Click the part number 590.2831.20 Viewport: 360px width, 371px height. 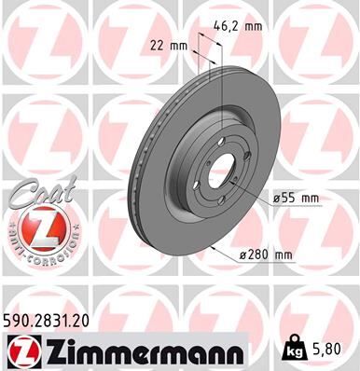[x=52, y=319]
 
